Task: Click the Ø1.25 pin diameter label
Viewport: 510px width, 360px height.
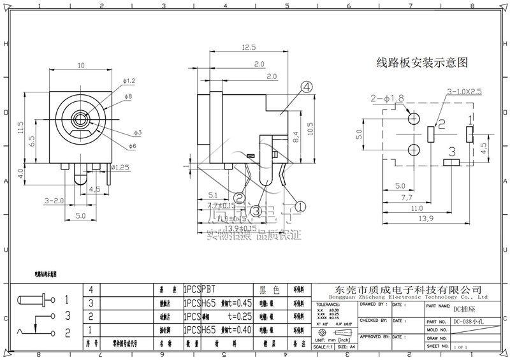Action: click(121, 168)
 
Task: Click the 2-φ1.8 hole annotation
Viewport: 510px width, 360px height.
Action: click(386, 99)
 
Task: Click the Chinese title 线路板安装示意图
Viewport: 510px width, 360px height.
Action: click(423, 63)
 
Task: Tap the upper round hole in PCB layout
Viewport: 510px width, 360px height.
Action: click(414, 119)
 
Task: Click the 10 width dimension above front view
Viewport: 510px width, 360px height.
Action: click(81, 66)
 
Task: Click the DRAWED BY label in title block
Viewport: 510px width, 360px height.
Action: click(374, 305)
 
